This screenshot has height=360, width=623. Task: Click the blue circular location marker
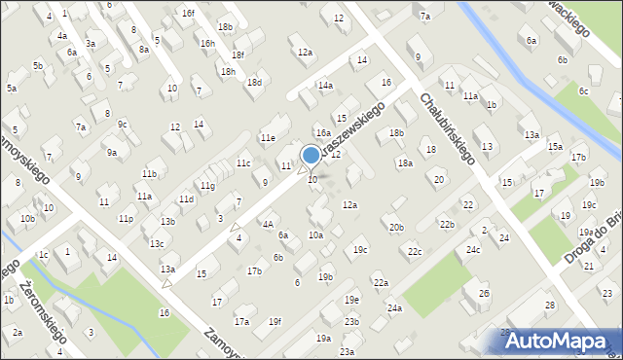click(311, 155)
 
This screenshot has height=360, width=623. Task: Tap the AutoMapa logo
click(560, 341)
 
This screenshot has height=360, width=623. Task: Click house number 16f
click(188, 13)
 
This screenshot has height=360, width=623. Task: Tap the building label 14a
click(325, 86)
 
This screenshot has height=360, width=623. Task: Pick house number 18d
click(254, 83)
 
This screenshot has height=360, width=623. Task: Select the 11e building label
click(267, 138)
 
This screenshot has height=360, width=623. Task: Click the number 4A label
click(267, 224)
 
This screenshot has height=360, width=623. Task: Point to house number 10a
click(315, 235)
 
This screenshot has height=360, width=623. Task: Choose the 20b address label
click(396, 228)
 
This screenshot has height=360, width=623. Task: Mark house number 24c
click(472, 250)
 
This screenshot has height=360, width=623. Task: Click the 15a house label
click(554, 147)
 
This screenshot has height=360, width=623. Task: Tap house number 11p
click(126, 219)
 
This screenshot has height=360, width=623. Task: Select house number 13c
click(156, 243)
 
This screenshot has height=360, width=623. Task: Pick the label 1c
click(43, 255)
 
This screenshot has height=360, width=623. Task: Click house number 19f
click(275, 322)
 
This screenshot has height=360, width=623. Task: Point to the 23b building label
click(351, 322)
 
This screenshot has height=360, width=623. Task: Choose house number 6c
click(583, 90)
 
